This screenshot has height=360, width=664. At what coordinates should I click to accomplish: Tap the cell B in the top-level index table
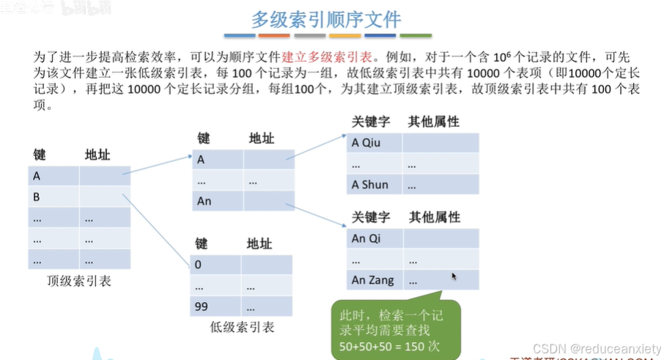point(54,197)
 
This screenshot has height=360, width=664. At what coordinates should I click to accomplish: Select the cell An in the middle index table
point(217,201)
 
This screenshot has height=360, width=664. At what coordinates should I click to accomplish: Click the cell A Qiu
point(374,143)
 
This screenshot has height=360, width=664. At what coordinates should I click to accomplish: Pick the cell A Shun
point(374,185)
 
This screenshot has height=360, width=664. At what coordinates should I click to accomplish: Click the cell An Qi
point(374,238)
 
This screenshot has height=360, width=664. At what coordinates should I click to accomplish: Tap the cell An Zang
point(374,280)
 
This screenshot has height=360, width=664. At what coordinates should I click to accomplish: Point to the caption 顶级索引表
point(79,281)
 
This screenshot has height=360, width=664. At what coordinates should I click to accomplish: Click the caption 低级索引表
point(241,327)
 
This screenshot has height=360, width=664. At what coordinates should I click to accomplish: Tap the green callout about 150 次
point(396,328)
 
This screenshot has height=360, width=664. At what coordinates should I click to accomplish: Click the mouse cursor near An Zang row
point(454,276)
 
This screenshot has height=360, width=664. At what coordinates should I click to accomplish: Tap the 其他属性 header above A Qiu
point(434,122)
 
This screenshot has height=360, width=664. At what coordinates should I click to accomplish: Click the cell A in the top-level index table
point(54,176)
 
